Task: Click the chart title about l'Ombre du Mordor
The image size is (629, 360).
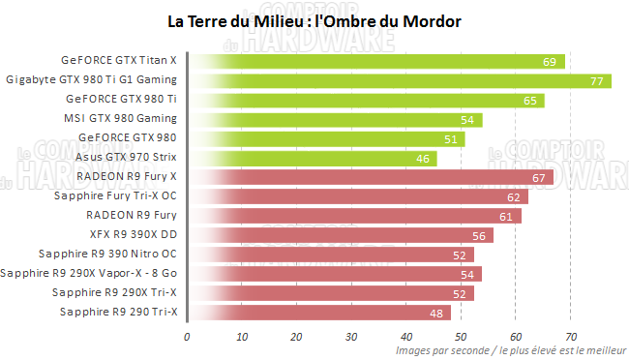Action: [x=314, y=20]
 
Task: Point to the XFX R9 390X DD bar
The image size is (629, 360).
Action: [x=340, y=235]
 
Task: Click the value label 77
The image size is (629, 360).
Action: [x=596, y=81]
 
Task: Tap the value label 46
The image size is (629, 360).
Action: [x=422, y=159]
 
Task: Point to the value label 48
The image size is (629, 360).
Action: [x=435, y=313]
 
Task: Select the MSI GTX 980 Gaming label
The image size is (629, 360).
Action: [x=126, y=118]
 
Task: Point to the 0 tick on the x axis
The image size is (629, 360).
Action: [x=187, y=338]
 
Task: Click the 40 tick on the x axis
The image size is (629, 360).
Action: [x=405, y=338]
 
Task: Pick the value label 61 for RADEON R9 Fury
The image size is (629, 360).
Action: [x=506, y=216]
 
